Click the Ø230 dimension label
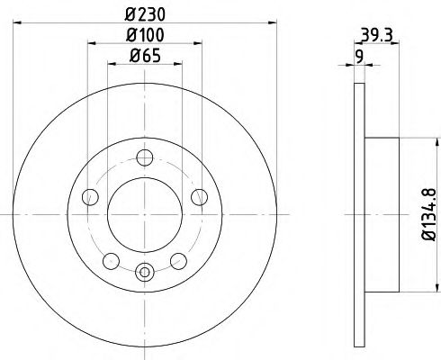click(145, 13)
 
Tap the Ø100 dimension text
click(145, 35)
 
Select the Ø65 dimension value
click(145, 56)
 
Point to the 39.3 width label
click(377, 35)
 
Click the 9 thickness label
click(359, 56)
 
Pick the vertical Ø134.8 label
click(429, 214)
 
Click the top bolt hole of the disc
click(145, 157)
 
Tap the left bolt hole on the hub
click(90, 197)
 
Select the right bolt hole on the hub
click(200, 197)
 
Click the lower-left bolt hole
click(111, 261)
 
